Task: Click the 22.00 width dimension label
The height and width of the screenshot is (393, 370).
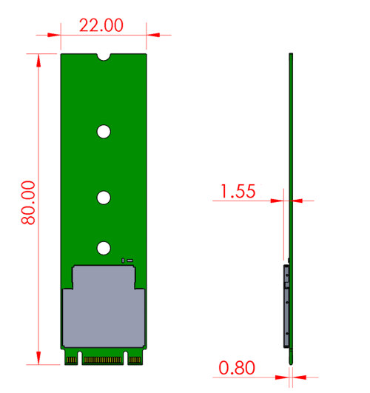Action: coord(101,25)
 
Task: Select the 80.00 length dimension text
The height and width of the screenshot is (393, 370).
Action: coord(28,203)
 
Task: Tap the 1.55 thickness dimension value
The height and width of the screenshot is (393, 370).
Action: coord(238,191)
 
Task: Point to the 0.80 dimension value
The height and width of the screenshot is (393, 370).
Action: coord(237,368)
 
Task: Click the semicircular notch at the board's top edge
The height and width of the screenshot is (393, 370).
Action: coord(104,57)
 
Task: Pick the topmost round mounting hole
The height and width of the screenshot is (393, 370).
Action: coord(104,132)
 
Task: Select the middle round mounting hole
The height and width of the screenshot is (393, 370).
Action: coord(104,198)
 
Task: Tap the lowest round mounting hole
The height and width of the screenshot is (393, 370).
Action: coord(104,248)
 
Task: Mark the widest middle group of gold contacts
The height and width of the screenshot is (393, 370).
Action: coord(102,360)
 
